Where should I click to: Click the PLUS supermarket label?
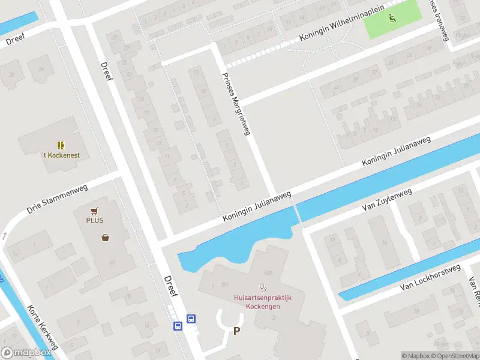[94, 220]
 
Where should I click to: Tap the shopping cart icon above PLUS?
[94, 211]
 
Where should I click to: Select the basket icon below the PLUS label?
[106, 237]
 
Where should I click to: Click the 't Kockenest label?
[61, 155]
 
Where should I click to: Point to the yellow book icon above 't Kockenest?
[61, 145]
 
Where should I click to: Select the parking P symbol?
[236, 331]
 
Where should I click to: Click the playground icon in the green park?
[392, 18]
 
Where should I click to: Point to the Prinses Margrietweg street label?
[236, 104]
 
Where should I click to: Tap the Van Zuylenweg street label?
[387, 200]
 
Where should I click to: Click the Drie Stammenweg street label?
[58, 199]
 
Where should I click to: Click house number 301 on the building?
[225, 285]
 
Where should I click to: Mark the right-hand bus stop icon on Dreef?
[191, 319]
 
